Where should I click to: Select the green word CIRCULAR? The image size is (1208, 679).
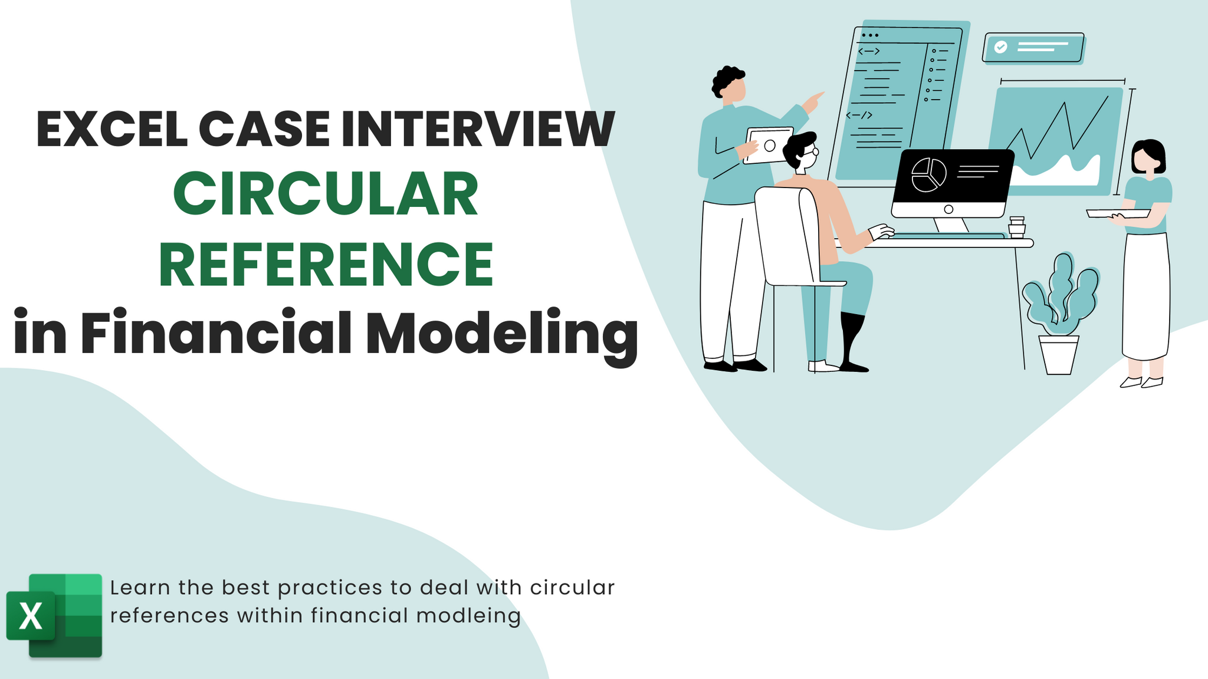click(325, 195)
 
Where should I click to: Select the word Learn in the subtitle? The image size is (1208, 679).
click(140, 588)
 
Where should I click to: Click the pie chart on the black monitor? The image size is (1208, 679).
click(928, 175)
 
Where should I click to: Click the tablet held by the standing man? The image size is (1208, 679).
click(768, 145)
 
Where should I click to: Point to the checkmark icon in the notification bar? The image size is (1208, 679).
click(1000, 47)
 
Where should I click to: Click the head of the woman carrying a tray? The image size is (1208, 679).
click(1148, 157)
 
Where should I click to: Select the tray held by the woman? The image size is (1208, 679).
click(1117, 213)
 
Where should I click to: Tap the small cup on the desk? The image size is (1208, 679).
click(1016, 227)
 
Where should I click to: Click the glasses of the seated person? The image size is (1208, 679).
click(813, 151)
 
